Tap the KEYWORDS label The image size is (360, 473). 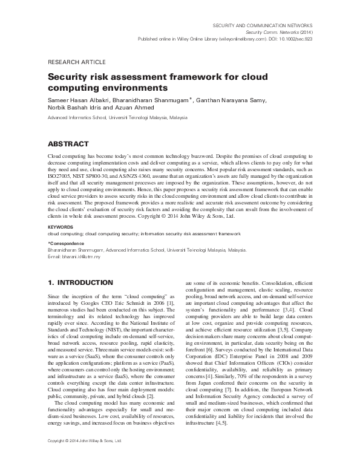[60, 227]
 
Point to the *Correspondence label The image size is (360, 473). [67, 243]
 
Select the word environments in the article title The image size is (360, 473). [130, 88]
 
